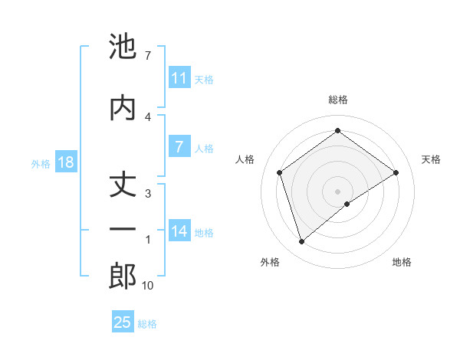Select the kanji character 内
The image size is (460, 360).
click(123, 107)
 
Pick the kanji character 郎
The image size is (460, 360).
click(123, 277)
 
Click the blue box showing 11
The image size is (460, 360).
click(179, 78)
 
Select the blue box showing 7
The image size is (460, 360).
click(179, 147)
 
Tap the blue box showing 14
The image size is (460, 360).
click(179, 231)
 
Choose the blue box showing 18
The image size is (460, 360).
click(65, 163)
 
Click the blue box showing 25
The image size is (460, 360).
click(123, 322)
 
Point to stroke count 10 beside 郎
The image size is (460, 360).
click(148, 286)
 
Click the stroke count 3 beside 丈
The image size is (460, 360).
click(148, 193)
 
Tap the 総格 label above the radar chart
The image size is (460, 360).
click(338, 100)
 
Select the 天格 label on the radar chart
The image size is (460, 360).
click(431, 159)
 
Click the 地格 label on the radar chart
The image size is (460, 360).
click(402, 262)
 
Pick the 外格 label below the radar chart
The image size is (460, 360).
click(270, 262)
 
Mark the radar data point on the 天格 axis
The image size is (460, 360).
click(396, 172)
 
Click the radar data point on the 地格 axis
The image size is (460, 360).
click(347, 204)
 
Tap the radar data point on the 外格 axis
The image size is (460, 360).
click(301, 242)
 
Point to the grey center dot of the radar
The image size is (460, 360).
click(338, 191)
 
